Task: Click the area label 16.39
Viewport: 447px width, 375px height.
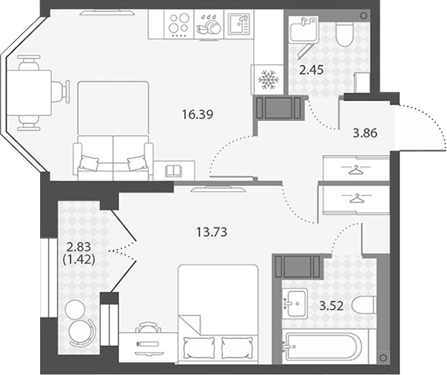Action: click(x=197, y=114)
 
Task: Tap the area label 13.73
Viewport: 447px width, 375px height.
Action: click(x=212, y=232)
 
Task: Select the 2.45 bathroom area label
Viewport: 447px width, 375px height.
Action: click(x=312, y=69)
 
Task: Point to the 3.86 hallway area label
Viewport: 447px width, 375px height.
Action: click(x=365, y=133)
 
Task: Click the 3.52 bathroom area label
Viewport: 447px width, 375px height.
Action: click(x=331, y=306)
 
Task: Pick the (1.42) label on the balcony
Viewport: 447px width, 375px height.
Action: click(x=78, y=259)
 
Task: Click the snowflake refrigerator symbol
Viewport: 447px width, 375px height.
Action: click(x=268, y=80)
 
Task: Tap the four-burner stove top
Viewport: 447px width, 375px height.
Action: click(x=179, y=24)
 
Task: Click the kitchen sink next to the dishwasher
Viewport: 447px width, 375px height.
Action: click(x=239, y=24)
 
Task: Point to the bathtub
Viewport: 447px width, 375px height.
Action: click(x=324, y=346)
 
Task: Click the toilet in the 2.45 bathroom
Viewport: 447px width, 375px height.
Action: click(x=344, y=34)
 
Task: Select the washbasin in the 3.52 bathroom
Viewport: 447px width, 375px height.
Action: click(x=295, y=304)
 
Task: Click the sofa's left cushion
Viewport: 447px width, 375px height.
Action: click(x=89, y=163)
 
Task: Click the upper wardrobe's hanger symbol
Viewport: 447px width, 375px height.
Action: click(x=356, y=170)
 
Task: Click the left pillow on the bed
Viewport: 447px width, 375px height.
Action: click(x=199, y=348)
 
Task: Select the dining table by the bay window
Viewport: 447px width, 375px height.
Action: click(x=29, y=93)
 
